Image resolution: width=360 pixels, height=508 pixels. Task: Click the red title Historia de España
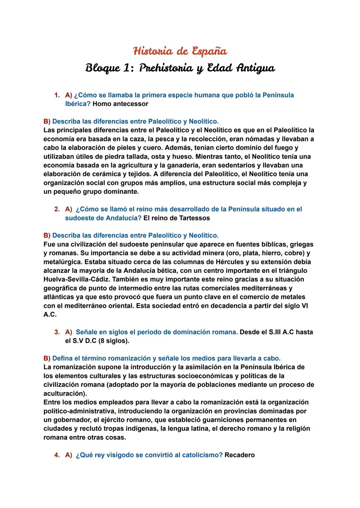coord(180,51)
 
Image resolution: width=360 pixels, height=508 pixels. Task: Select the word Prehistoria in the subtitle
coord(166,68)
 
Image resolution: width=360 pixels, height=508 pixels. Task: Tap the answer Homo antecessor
coord(120,104)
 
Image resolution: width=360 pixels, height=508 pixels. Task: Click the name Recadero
coord(239,455)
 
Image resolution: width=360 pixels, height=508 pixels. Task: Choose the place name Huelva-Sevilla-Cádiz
coord(80,279)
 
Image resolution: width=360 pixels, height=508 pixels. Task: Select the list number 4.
coord(57,455)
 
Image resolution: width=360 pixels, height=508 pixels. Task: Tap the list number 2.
coord(57,209)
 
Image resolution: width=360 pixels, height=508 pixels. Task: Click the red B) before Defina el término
coord(47,358)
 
